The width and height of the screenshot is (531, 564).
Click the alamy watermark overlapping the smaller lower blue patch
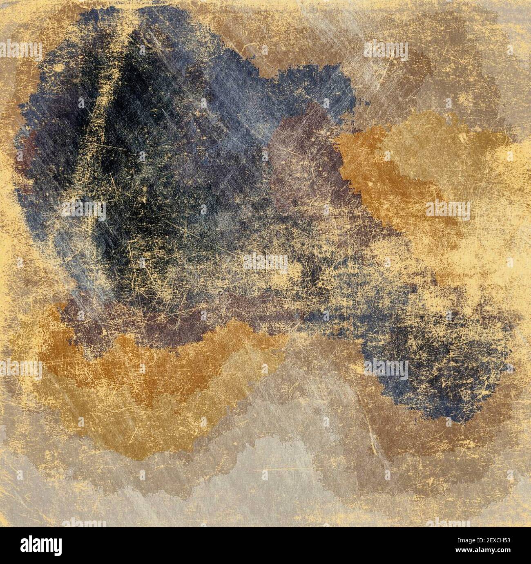point(386,369)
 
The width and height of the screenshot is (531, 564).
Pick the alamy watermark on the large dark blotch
point(84,210)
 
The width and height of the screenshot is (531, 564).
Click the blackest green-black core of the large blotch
point(135,172)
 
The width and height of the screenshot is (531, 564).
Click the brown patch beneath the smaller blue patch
point(408,433)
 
